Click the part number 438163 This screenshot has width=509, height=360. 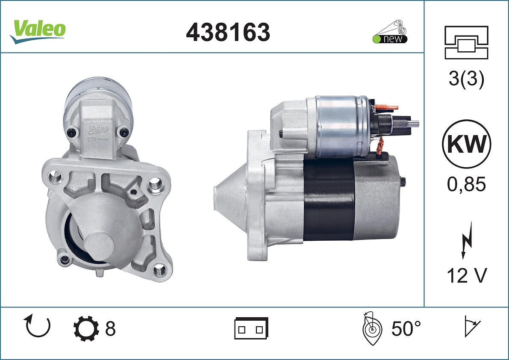click(228, 32)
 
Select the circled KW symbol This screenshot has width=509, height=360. click(466, 144)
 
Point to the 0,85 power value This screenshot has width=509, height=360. click(466, 184)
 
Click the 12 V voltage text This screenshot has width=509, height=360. click(467, 276)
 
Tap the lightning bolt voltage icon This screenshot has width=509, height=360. click(466, 240)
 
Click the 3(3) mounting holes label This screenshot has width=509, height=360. click(466, 79)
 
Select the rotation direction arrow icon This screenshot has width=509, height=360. click(37, 326)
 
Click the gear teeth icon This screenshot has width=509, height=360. click(86, 328)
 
